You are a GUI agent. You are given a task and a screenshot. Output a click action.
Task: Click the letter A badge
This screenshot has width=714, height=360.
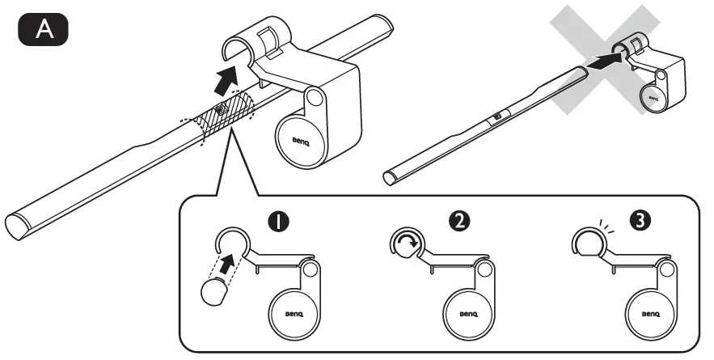42,30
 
